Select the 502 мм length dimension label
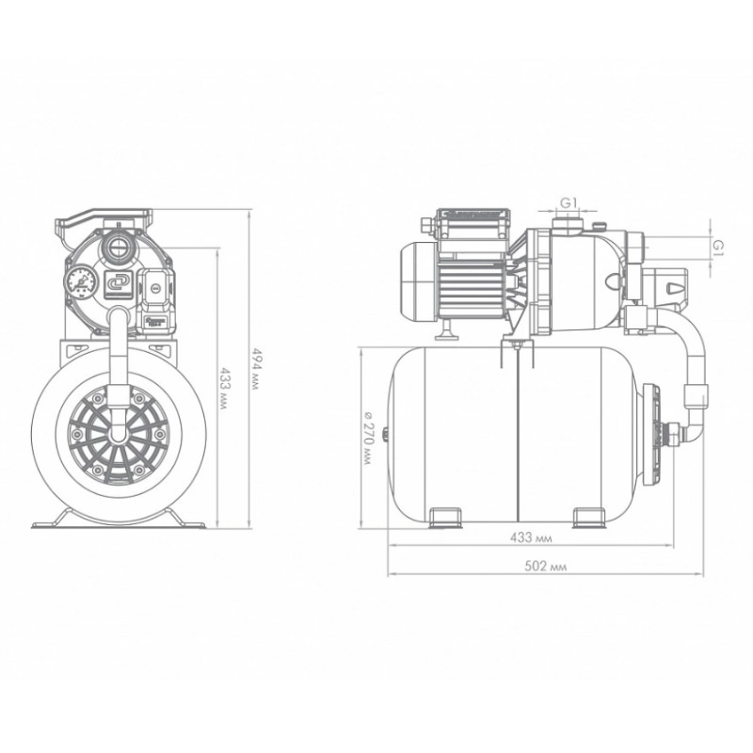[x=546, y=567]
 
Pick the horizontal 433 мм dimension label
[x=531, y=537]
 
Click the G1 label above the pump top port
[x=569, y=203]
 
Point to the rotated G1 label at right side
[x=718, y=248]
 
